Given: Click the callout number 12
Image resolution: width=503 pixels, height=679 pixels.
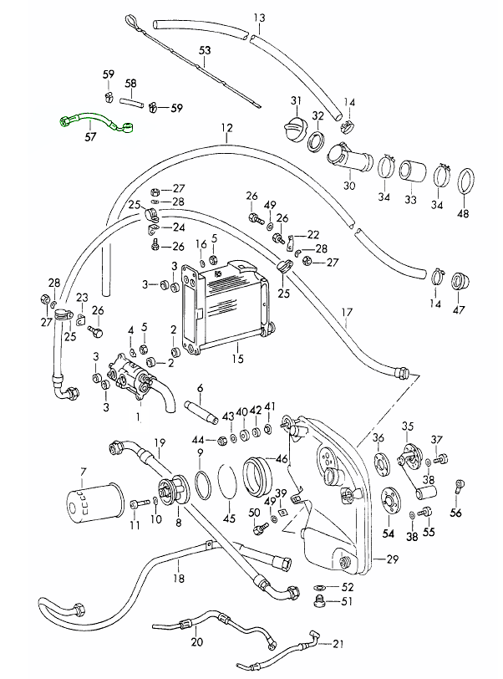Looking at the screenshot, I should point(226,129).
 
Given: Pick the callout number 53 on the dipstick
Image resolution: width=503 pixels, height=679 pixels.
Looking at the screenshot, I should point(205,51).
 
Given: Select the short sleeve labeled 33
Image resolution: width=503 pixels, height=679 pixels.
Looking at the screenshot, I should point(410,171).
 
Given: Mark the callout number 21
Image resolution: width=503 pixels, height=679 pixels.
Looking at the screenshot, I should point(337,643).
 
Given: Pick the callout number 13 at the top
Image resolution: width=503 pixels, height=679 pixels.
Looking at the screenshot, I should point(258,18).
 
